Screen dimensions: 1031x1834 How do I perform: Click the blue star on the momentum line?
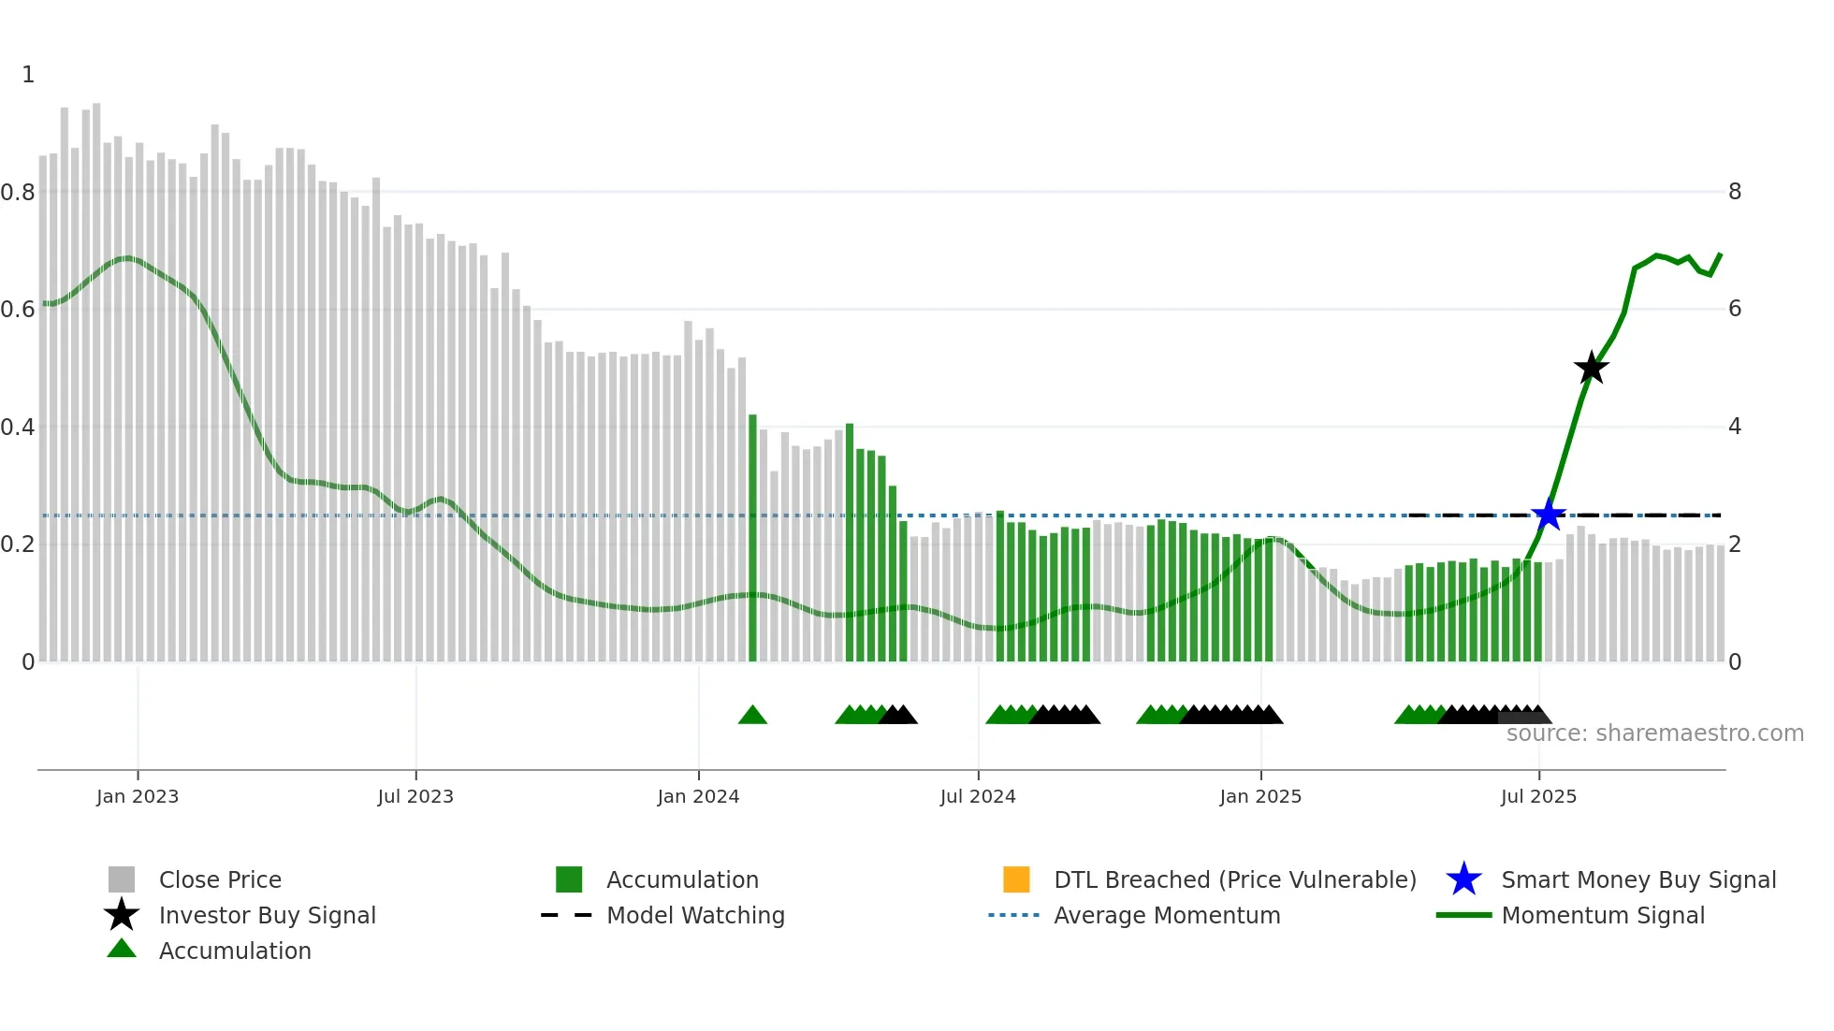(1549, 515)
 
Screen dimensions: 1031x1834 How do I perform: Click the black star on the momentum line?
(1591, 368)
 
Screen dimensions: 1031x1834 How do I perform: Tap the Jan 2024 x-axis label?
(698, 796)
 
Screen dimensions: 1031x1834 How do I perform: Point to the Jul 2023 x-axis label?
(415, 796)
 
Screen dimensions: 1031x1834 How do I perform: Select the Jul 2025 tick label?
(1538, 796)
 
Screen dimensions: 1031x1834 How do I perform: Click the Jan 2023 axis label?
(138, 796)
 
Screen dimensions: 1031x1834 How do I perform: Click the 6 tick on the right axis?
(1735, 309)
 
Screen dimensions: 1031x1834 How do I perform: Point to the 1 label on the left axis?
(28, 75)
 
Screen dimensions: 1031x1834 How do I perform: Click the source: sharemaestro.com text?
(1654, 733)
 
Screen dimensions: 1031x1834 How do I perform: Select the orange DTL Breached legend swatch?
(1016, 879)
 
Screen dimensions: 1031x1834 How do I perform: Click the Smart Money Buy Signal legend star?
(1463, 879)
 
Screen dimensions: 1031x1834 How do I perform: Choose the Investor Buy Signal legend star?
(122, 915)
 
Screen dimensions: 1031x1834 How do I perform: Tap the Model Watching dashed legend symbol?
(567, 915)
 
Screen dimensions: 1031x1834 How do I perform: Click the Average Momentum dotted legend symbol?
(1014, 915)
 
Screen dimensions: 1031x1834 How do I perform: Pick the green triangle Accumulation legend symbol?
(122, 950)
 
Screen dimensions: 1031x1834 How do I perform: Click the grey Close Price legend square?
(122, 879)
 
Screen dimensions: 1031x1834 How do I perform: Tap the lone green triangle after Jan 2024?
(752, 716)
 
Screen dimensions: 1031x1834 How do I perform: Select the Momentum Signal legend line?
(1463, 915)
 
